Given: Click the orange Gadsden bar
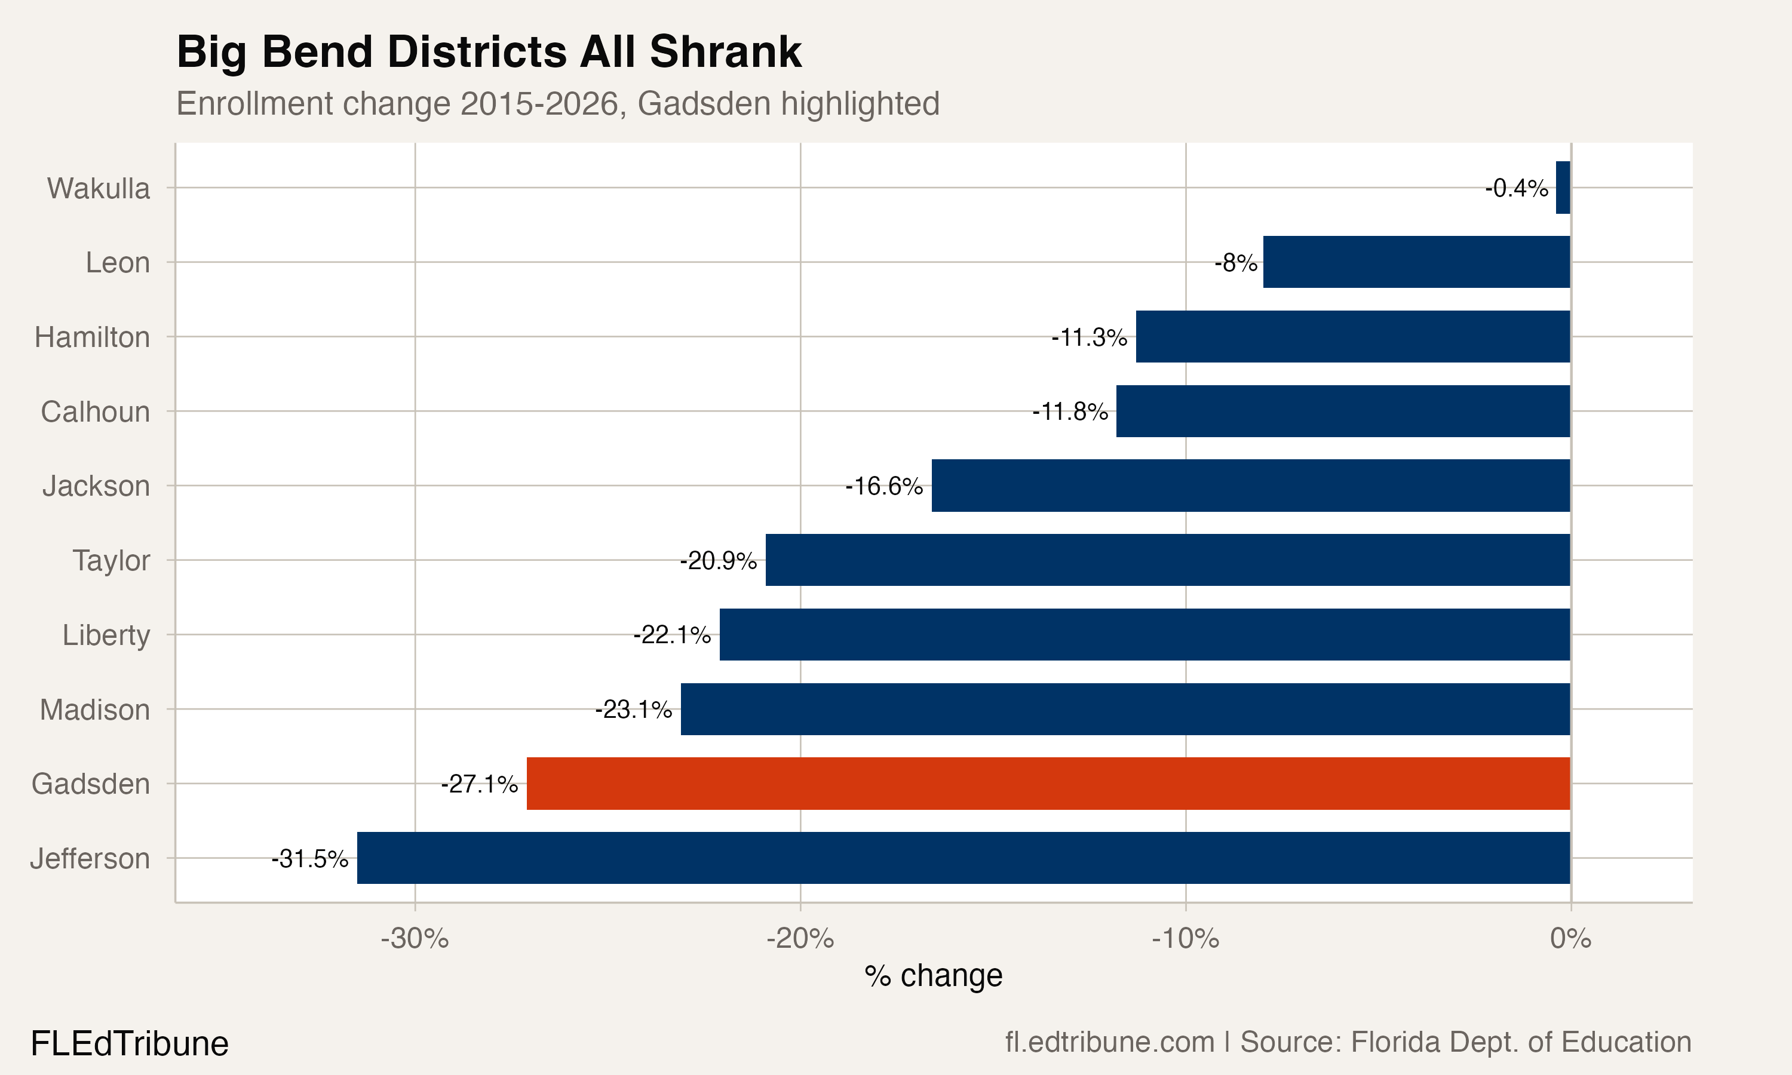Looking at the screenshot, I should coord(1048,783).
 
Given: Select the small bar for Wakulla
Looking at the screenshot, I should coord(1563,188).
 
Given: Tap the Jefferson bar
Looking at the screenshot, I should coord(963,858).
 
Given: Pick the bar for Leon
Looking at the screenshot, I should coord(1416,262).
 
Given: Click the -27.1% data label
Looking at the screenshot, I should coord(480,784).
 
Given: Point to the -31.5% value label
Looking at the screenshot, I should coord(310,858).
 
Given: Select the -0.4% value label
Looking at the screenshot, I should coord(1516,188).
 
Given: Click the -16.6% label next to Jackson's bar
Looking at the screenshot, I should coord(883,486).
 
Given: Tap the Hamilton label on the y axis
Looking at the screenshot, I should coord(92,337).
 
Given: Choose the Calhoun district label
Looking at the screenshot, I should coord(95,411).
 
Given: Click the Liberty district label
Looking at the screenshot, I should coord(106,635).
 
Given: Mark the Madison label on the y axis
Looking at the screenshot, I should coord(95,710).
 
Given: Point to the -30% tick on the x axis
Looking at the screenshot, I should coord(415,939).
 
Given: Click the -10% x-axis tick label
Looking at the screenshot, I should coord(1185,939).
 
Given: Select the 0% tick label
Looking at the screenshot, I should coord(1570,939).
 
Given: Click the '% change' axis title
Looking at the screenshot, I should coord(933,976).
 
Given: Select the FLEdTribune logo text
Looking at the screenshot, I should coord(130,1044).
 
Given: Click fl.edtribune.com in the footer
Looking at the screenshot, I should coord(1109,1042).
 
